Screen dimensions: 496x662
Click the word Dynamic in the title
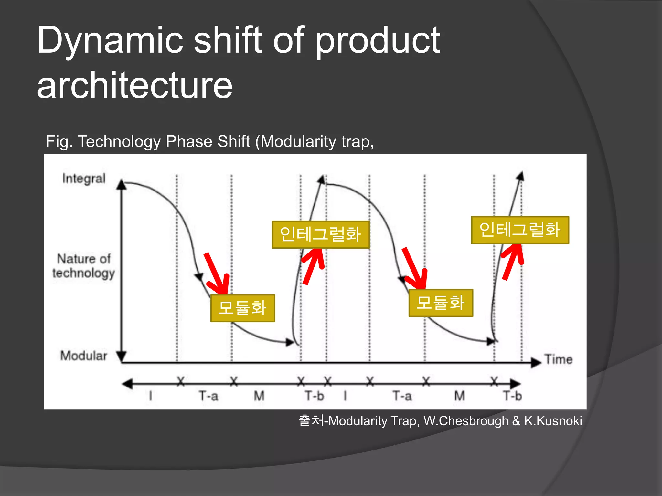[110, 41]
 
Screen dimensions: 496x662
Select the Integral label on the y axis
[84, 179]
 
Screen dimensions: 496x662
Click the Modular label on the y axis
[83, 356]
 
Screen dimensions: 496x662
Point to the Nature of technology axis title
[84, 266]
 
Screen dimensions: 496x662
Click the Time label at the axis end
[558, 359]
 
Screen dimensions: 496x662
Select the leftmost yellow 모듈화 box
[242, 308]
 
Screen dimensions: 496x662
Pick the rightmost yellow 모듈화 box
[441, 303]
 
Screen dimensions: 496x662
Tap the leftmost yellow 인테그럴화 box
[320, 234]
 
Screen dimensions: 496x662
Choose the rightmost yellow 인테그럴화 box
[520, 230]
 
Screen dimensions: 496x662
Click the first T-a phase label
[208, 396]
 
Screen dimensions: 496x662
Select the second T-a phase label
[402, 396]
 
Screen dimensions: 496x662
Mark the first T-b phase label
[314, 396]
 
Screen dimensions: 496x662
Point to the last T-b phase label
[512, 396]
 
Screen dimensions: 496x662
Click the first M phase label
[259, 396]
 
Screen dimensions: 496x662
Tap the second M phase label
[459, 396]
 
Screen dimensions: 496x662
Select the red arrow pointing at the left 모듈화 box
[217, 273]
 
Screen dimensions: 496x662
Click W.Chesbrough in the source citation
[465, 421]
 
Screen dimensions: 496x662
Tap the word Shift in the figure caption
[234, 141]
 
